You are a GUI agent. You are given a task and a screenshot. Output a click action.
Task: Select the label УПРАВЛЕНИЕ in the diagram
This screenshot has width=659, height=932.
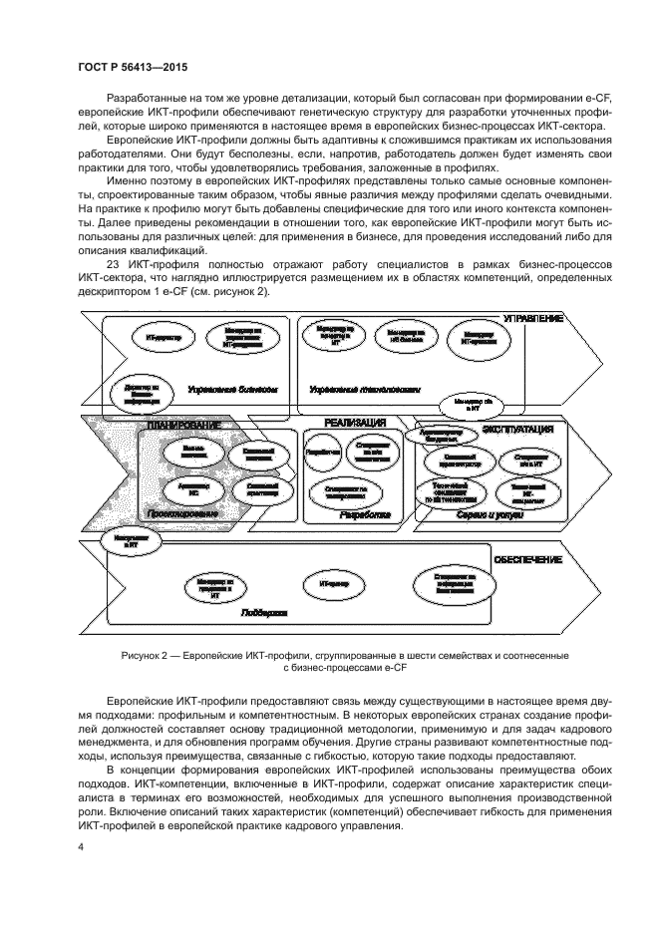(532, 317)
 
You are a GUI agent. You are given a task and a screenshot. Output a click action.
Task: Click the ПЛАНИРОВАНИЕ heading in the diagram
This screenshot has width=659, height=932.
(183, 426)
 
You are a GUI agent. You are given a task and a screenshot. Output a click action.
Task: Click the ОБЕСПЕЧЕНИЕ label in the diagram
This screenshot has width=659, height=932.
(528, 560)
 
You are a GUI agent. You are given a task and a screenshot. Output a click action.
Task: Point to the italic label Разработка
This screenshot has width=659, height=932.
(363, 516)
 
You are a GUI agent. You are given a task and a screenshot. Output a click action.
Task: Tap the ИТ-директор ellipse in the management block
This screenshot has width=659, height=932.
(164, 339)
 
